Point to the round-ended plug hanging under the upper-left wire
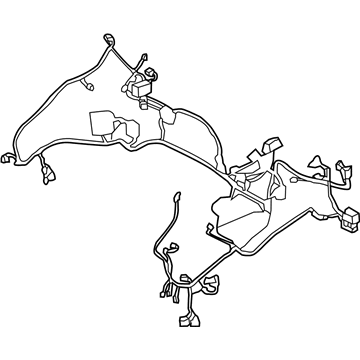coord(87,87)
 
